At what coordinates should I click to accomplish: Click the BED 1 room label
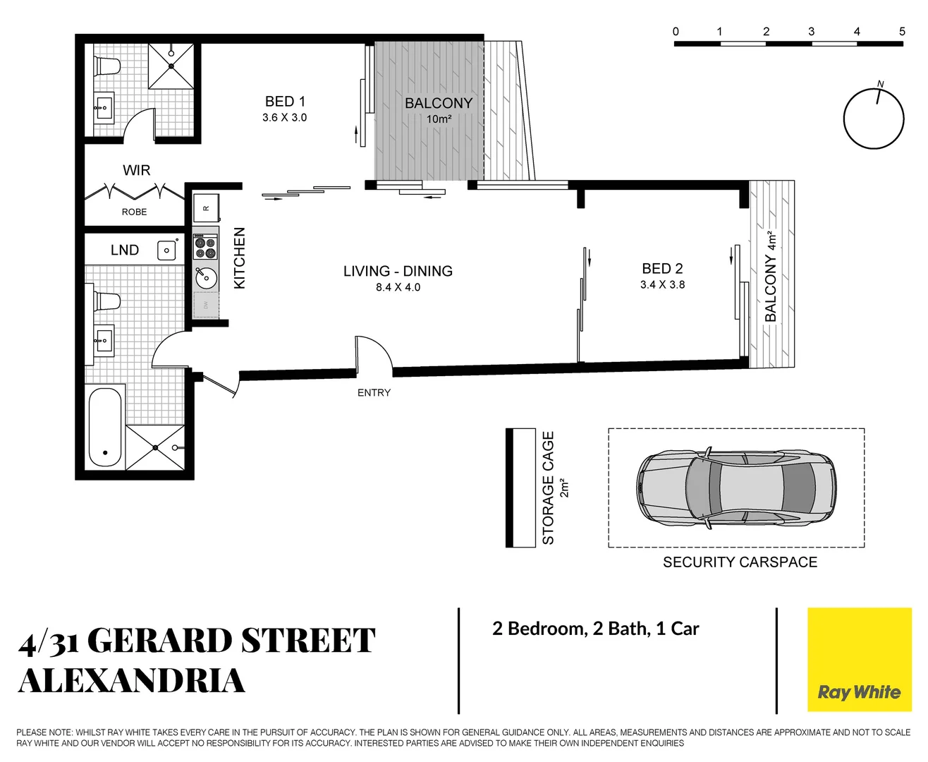pos(285,102)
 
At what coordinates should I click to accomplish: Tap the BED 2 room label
pos(662,269)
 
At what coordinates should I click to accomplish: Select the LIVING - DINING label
pos(398,271)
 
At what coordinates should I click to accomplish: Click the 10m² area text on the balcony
pos(439,119)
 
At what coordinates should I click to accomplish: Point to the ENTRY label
pos(374,393)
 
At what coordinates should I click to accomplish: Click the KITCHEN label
pos(240,258)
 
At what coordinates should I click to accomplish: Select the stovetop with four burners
pos(205,248)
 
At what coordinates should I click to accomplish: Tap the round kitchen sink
pos(206,277)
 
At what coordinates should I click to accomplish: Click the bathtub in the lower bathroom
pos(105,426)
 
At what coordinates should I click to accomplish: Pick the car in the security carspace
pos(737,487)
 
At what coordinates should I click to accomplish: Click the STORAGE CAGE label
pos(549,488)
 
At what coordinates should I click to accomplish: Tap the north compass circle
pos(874,119)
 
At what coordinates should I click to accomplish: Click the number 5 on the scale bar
pos(902,32)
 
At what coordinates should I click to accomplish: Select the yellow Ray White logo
pos(859,660)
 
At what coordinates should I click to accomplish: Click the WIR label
pos(136,170)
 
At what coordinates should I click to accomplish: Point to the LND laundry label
pos(125,250)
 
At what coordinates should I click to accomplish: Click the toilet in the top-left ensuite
pos(108,66)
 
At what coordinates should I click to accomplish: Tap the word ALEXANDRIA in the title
pos(132,681)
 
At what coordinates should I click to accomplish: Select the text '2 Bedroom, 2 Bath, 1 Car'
pos(596,629)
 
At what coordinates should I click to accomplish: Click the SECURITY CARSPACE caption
pos(740,562)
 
